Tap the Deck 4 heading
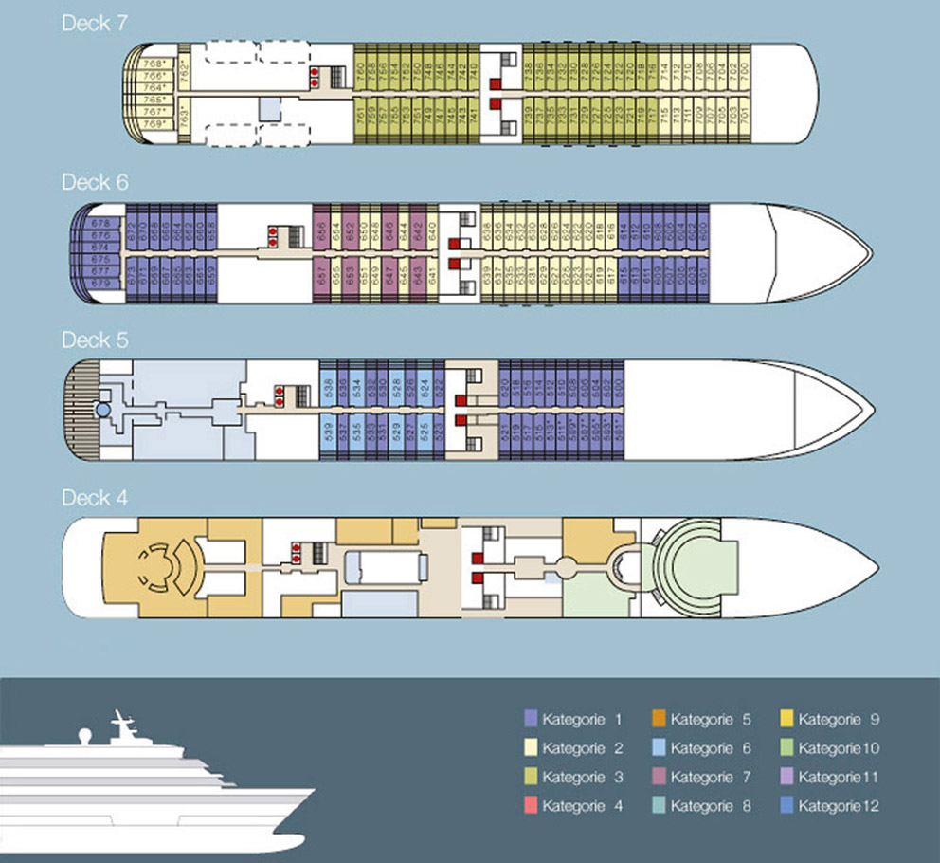94,498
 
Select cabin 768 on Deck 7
152,64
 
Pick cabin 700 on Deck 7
746,70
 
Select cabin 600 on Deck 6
703,229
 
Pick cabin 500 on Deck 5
619,387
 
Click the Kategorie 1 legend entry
575,720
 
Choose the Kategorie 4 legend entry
575,806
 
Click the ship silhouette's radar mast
122,725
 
